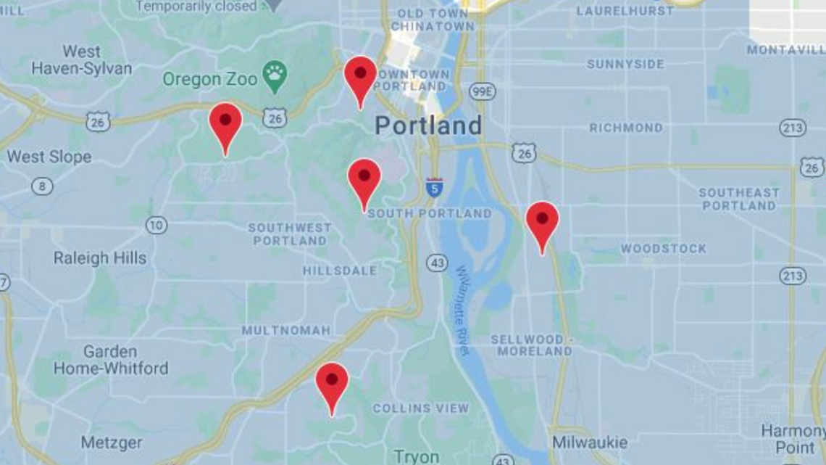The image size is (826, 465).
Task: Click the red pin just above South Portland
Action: click(364, 178)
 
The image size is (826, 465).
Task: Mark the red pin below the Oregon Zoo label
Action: click(225, 123)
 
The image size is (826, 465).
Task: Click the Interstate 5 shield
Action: click(434, 188)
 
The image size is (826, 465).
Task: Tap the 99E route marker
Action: click(482, 91)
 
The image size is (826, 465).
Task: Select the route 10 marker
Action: click(156, 226)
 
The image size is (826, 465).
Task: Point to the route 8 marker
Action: click(42, 186)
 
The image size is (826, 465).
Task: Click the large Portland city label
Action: click(428, 125)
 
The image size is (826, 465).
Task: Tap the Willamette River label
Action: click(463, 310)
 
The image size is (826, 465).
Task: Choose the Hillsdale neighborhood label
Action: click(340, 271)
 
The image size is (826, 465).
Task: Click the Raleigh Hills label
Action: click(100, 258)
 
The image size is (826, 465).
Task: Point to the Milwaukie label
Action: click(590, 442)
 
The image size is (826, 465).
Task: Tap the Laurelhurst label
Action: click(625, 11)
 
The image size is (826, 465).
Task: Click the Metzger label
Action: click(112, 442)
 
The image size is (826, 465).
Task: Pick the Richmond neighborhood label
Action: click(626, 128)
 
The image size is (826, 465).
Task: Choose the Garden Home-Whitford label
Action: click(110, 360)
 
